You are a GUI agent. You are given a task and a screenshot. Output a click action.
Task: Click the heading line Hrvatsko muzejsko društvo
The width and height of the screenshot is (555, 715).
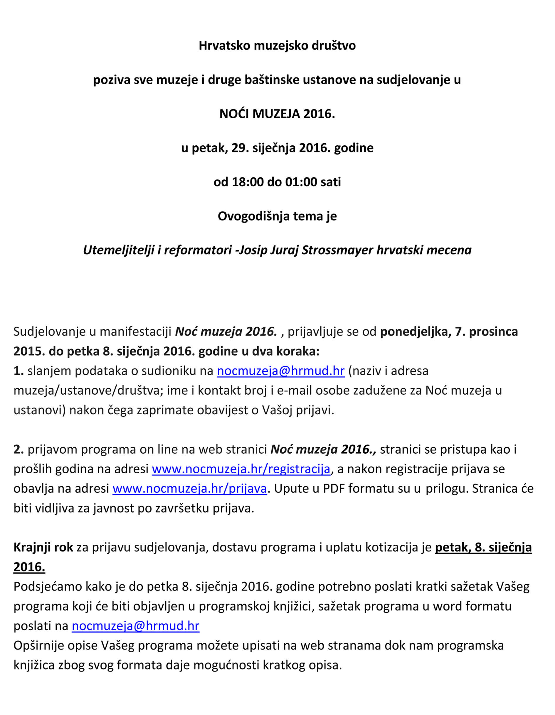(277, 46)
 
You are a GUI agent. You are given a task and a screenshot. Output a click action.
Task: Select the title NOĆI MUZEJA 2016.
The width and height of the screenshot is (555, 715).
(277, 114)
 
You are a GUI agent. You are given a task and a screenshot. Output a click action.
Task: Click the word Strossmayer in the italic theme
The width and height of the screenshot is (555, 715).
(337, 250)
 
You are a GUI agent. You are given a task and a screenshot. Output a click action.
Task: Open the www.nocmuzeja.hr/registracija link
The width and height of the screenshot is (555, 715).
(241, 469)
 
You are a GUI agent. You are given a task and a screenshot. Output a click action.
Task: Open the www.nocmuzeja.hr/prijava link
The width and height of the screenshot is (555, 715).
(190, 488)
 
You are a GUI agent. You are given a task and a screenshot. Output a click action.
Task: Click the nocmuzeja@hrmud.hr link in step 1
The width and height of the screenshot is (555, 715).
(281, 371)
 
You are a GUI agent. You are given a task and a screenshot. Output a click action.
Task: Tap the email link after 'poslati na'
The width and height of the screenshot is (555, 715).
(136, 626)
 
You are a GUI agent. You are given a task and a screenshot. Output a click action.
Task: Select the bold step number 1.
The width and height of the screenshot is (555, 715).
(18, 371)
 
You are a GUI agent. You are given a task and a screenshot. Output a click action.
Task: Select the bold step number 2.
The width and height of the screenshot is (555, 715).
(18, 450)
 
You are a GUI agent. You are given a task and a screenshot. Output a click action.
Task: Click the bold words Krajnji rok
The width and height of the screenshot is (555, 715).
(43, 547)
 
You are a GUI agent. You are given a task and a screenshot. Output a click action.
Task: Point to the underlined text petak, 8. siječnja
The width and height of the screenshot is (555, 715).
(483, 547)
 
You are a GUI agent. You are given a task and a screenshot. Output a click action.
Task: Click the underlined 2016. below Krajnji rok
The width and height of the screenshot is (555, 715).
(29, 567)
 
